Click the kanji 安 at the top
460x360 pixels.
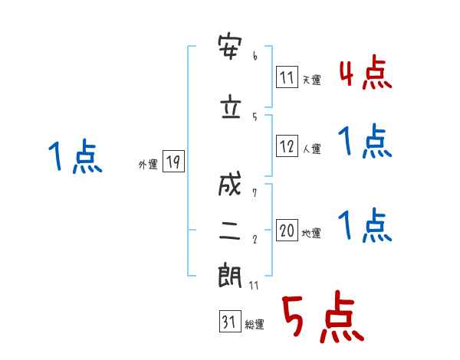coord(230,47)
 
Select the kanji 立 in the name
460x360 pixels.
coord(231,106)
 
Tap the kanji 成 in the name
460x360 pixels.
coord(230,184)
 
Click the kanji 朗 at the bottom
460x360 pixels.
coord(230,275)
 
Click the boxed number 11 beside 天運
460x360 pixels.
coord(287,77)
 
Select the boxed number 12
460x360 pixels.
coord(287,146)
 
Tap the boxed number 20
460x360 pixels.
coord(287,230)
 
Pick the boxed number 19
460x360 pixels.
coord(173,162)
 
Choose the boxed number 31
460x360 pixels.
coord(230,321)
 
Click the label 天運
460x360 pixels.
coord(312,80)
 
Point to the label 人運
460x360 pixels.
coord(312,149)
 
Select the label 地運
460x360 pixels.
coord(311,233)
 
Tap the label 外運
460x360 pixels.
coord(148,165)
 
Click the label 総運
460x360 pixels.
coord(255,324)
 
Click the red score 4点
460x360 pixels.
coord(366,73)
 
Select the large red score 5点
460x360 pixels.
coord(324,317)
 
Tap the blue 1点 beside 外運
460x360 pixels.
coord(75,156)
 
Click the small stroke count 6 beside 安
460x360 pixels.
coord(255,56)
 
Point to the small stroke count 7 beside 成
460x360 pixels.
coord(255,193)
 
